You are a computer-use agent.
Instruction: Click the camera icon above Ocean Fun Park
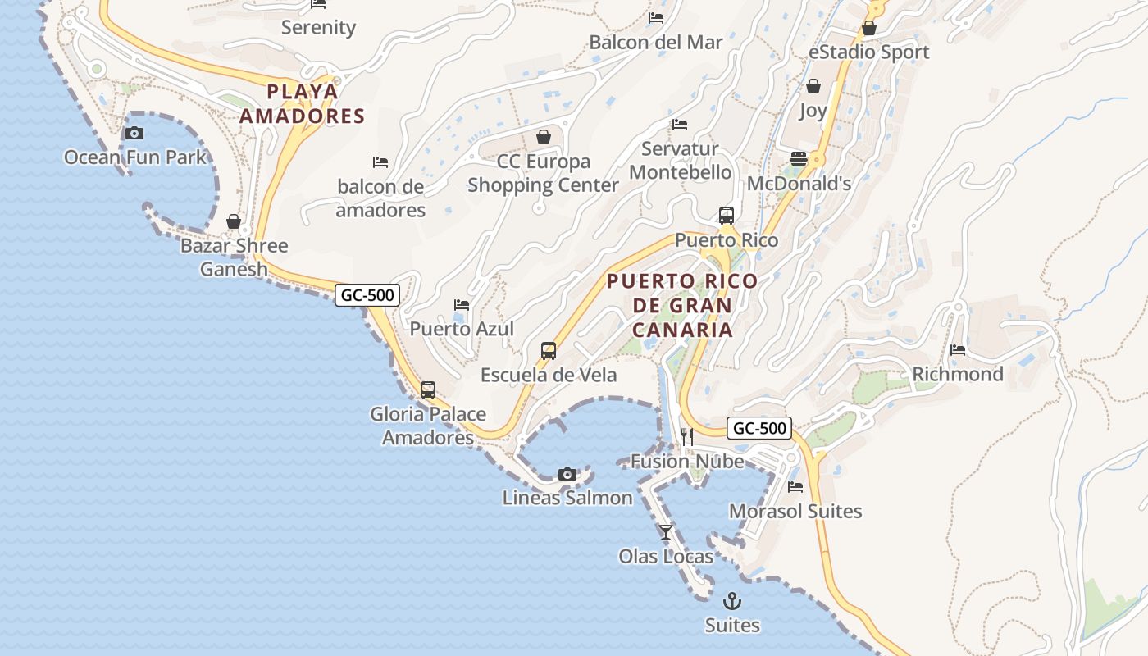tap(134, 133)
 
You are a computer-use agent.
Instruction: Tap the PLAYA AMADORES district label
tap(302, 103)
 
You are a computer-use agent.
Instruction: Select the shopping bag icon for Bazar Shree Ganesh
tap(234, 221)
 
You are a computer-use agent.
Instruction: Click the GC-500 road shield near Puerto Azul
tap(367, 294)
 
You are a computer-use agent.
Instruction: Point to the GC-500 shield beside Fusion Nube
tap(759, 427)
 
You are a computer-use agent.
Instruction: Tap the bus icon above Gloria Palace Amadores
tap(428, 390)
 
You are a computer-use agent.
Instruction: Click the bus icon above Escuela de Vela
tap(549, 351)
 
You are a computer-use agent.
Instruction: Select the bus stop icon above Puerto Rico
tap(727, 216)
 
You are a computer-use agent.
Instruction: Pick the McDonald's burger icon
tap(799, 159)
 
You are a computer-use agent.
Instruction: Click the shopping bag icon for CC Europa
tap(543, 137)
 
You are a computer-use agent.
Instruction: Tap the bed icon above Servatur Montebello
tap(680, 125)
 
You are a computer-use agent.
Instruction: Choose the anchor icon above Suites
tap(732, 601)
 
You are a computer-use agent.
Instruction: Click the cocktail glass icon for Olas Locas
tap(666, 532)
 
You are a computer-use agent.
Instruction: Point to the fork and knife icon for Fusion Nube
tap(687, 437)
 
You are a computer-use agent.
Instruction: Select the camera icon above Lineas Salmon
tap(567, 474)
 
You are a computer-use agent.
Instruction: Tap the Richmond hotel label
tap(958, 374)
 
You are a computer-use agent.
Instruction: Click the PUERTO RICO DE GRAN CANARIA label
tap(682, 305)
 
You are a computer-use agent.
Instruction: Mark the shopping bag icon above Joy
tap(813, 86)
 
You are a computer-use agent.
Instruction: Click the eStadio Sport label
tap(869, 52)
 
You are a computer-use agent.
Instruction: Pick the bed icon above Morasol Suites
tap(795, 487)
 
